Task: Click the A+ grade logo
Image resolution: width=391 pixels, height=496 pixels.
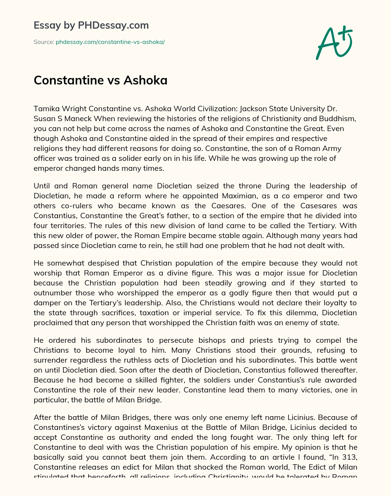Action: pos(334,43)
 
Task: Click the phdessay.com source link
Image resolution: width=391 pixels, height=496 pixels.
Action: pos(110,42)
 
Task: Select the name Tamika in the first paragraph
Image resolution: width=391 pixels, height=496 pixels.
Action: pos(45,109)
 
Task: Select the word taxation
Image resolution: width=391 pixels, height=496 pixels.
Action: pos(187,313)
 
